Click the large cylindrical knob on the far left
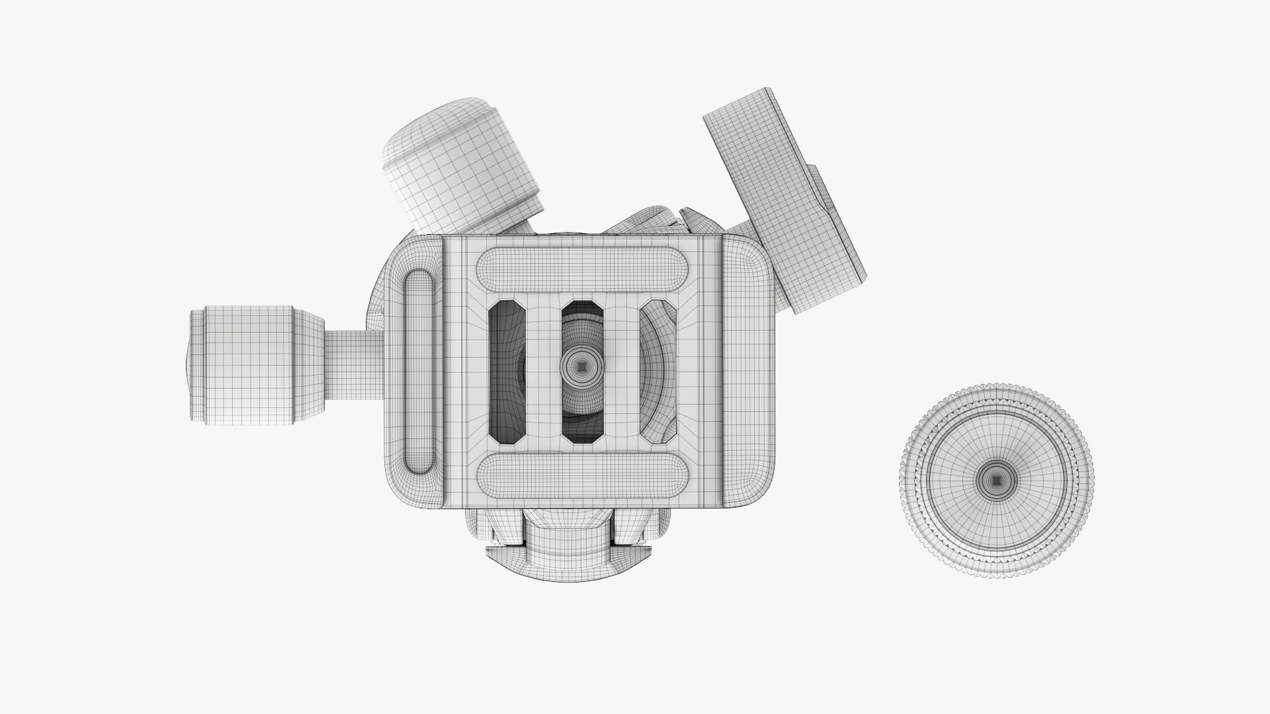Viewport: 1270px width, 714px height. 251,366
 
